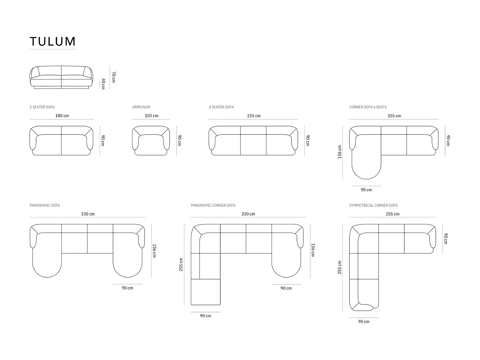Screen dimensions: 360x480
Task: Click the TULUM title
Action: (x=53, y=41)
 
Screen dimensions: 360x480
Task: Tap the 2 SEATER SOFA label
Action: (x=42, y=107)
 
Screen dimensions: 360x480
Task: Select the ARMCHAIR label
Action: (x=141, y=107)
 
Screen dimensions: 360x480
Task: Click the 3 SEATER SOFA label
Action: (x=221, y=107)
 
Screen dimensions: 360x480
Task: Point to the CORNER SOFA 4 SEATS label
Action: (x=368, y=107)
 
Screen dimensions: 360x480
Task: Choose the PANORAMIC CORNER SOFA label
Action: (x=213, y=205)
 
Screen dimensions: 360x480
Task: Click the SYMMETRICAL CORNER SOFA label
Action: (x=373, y=205)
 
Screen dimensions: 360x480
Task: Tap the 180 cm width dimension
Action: (x=62, y=116)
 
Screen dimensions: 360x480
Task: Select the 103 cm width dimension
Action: (x=152, y=116)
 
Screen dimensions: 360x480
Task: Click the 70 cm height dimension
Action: (x=113, y=77)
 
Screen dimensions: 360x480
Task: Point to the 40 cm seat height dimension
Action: (x=103, y=84)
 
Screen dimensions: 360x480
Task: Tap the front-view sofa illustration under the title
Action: (x=61, y=77)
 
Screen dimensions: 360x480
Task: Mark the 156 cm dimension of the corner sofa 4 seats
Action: (x=339, y=152)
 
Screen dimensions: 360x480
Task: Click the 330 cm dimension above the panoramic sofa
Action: (x=88, y=214)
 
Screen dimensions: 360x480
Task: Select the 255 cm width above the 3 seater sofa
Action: (x=254, y=116)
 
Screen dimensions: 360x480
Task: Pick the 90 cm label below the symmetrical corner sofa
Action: (x=364, y=322)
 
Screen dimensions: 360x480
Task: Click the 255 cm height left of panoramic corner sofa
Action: (x=181, y=264)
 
